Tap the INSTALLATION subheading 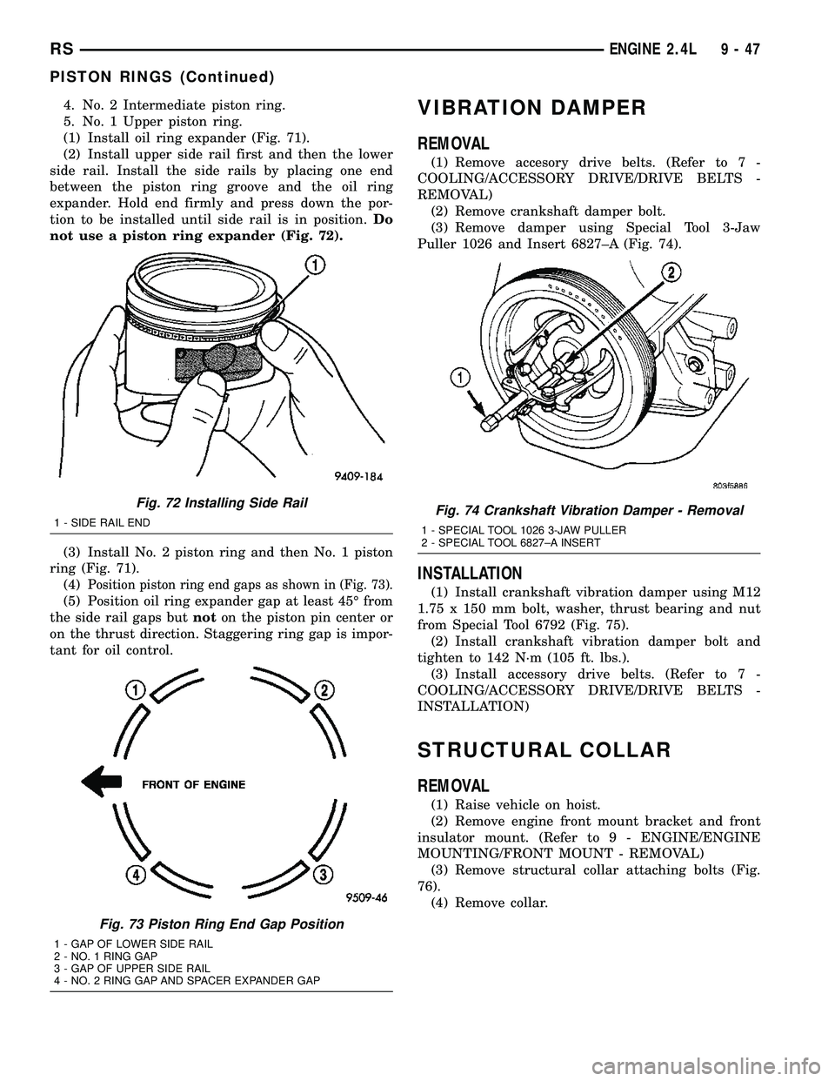pos(471,574)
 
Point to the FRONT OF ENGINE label pos(194,783)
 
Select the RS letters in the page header pos(32,50)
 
